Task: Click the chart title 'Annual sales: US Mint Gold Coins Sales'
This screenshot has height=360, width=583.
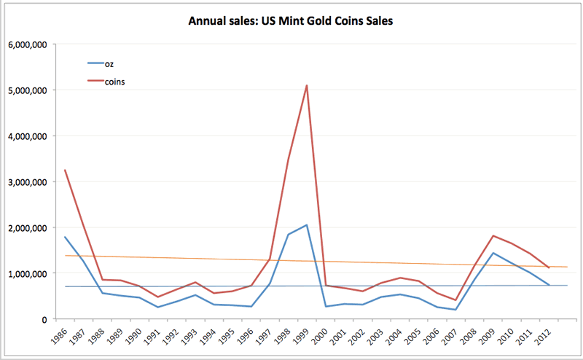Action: coord(291,21)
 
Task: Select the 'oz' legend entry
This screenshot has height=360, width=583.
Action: coord(109,64)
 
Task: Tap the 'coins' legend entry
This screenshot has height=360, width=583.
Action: coord(114,82)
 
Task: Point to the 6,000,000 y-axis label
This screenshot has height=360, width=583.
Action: coord(26,44)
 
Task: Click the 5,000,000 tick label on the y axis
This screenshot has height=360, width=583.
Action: coord(26,90)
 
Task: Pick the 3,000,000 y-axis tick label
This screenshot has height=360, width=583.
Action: coord(26,181)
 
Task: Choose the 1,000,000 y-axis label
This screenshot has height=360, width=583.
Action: coord(26,273)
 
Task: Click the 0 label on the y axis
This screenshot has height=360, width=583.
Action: coord(44,319)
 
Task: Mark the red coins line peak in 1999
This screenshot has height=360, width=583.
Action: coord(307,85)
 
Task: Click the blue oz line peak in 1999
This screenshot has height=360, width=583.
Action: coord(307,225)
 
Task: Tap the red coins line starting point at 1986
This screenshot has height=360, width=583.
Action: coord(66,171)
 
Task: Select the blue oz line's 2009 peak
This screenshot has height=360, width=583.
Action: coord(493,253)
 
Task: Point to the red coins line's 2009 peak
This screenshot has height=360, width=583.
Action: coord(493,235)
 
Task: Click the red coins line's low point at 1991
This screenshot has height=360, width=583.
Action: coord(158,297)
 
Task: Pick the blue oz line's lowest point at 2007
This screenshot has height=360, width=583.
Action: coord(455,310)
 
